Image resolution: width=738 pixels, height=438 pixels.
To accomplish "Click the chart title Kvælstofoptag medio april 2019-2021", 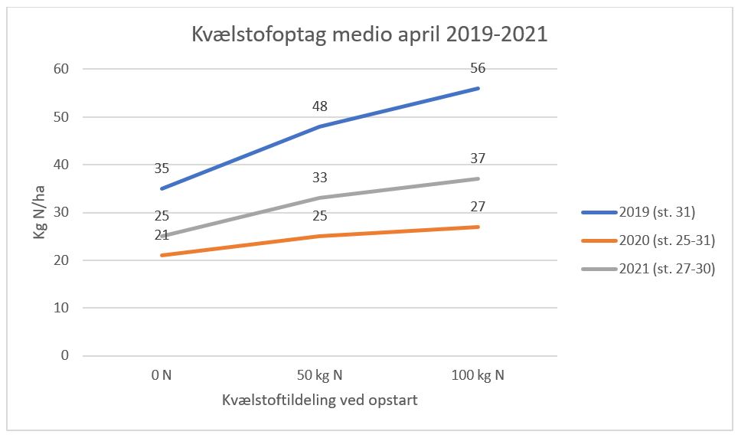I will (369, 35).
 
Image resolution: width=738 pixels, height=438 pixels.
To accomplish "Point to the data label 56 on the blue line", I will (478, 69).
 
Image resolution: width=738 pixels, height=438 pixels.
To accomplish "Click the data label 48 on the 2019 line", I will (319, 106).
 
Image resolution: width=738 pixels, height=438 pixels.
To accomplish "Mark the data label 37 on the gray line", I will (478, 159).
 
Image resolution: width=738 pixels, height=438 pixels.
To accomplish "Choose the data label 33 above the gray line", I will (319, 178).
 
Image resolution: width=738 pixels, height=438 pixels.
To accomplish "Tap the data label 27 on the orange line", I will (478, 207).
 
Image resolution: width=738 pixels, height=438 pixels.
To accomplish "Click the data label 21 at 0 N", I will (161, 235).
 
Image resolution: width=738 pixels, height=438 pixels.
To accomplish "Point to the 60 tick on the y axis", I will (62, 70).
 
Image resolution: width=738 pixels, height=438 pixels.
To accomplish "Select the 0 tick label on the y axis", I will (65, 356).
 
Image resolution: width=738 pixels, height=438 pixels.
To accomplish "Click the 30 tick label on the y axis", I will (62, 213).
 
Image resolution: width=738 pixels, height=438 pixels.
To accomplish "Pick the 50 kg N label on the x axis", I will (319, 375).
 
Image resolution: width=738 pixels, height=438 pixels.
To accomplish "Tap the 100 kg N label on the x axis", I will (478, 375).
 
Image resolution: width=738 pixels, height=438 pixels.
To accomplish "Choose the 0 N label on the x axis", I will (161, 375).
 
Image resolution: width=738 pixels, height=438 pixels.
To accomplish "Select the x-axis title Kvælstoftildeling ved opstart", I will (319, 401).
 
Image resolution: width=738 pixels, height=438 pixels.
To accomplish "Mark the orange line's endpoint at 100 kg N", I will (478, 227).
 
